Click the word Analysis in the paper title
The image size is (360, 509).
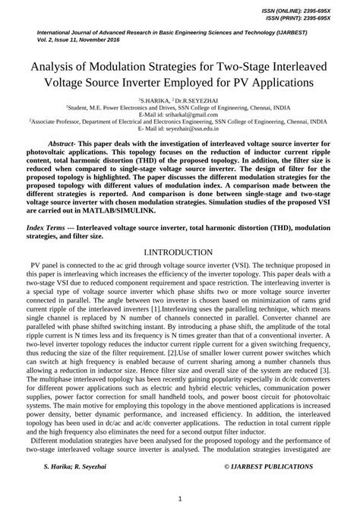click(58, 65)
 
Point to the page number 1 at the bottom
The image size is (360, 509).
click(180, 498)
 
